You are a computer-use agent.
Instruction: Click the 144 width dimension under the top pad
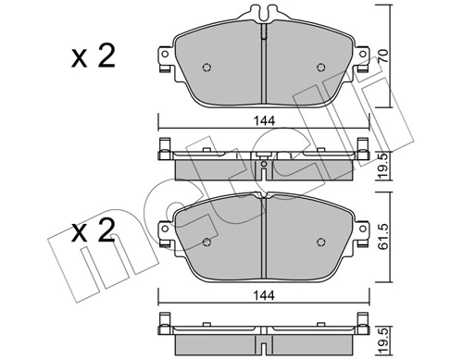point(264,121)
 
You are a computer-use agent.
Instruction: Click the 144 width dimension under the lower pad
point(264,295)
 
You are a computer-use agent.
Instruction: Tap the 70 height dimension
point(383,56)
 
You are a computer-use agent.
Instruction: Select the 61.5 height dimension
point(383,237)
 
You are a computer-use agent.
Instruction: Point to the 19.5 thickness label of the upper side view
point(383,167)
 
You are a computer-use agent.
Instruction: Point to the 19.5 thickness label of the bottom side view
point(383,341)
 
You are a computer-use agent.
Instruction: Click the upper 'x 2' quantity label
point(94,56)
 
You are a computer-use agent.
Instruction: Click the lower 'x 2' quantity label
point(94,230)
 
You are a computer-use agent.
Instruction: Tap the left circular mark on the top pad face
point(206,68)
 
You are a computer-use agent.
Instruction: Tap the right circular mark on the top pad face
point(321,68)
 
